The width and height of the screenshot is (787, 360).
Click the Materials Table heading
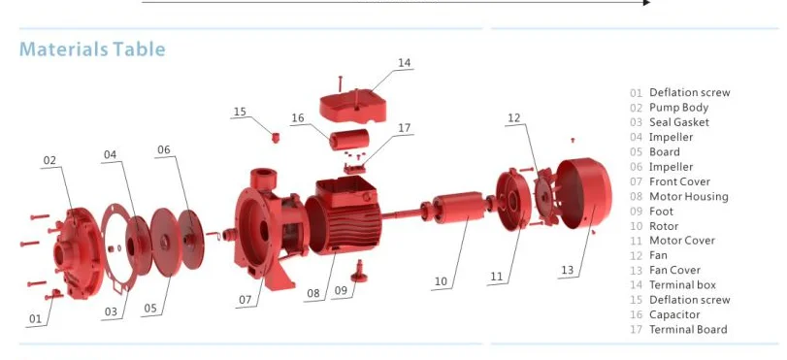(x=92, y=49)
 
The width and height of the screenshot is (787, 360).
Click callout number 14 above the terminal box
(x=404, y=63)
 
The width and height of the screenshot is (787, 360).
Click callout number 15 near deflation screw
(x=240, y=112)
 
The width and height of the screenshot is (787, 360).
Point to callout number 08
(x=312, y=292)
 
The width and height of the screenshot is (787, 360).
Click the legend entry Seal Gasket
(x=678, y=122)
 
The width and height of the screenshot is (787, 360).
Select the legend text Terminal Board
(x=687, y=330)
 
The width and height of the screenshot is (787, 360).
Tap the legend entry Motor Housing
(x=688, y=197)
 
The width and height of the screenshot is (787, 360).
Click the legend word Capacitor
(x=675, y=315)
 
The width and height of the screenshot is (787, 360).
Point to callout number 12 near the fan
(x=514, y=118)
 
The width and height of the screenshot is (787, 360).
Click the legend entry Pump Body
(x=678, y=108)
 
